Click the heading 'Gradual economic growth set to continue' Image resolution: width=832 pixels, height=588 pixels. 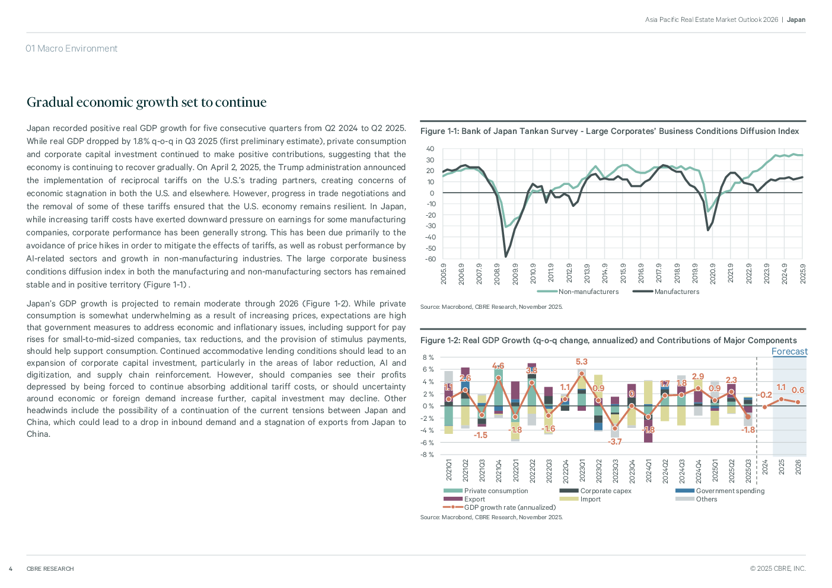pos(146,103)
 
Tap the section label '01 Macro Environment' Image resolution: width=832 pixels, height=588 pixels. pos(71,49)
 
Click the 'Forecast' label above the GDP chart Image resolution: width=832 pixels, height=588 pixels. pos(789,351)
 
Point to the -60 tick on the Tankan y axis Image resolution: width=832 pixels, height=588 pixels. pos(430,259)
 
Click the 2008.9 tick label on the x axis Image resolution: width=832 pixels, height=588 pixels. pos(498,274)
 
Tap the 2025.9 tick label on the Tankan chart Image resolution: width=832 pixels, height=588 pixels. pos(803,274)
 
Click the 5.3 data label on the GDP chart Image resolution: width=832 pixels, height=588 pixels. pos(581,362)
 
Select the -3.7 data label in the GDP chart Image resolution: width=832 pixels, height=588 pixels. pos(615,442)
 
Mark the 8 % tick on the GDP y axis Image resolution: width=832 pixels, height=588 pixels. pos(428,357)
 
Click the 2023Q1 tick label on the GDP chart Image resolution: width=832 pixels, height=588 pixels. pos(582,470)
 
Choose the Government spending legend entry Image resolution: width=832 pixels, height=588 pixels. pos(730,491)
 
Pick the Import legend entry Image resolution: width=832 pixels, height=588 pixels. pos(590,499)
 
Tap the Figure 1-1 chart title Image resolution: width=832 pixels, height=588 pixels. pos(610,131)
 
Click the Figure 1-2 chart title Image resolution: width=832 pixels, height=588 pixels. pos(608,340)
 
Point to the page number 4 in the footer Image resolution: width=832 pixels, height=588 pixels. pos(11,569)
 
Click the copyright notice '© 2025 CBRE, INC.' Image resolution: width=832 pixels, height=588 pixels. pos(777,568)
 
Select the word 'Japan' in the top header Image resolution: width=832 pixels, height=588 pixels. pos(796,20)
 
